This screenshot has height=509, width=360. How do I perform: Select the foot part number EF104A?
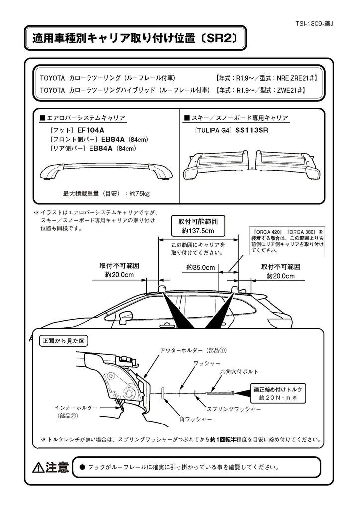tap(91, 130)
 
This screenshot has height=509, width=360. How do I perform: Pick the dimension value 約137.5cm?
tap(197, 231)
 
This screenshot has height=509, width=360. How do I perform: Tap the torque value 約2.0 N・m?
tap(273, 398)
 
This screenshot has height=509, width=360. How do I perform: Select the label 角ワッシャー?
tap(195, 419)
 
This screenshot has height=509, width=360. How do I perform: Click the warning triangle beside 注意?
tap(38, 467)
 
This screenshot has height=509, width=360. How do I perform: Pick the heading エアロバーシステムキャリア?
tap(86, 118)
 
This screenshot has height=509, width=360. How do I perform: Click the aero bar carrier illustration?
tap(105, 170)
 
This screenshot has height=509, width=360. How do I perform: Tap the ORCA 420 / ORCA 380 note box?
tap(287, 241)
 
